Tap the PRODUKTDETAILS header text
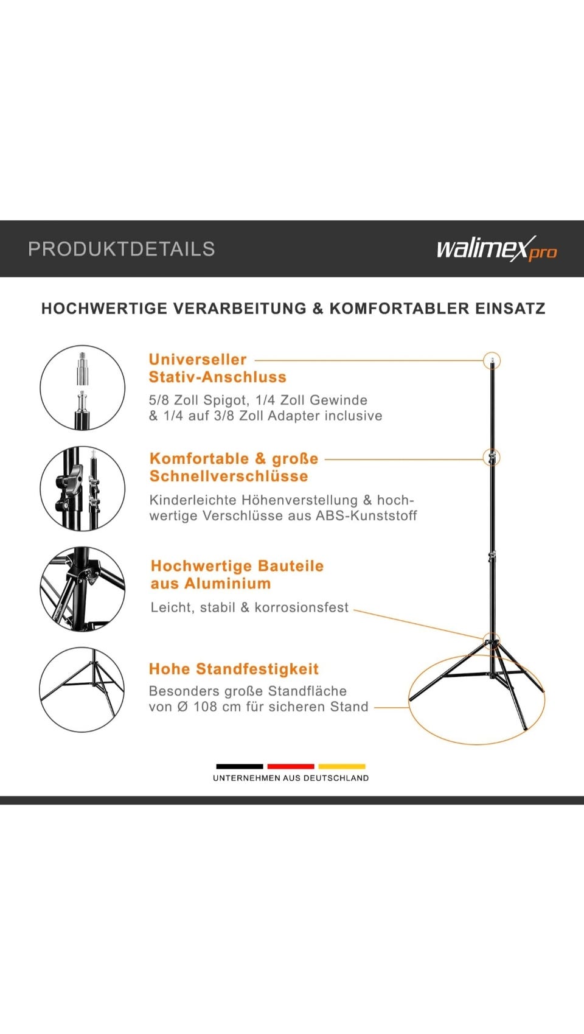point(121,249)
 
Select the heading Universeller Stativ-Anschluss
point(217,368)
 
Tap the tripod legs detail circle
point(82,648)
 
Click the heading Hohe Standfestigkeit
point(234,669)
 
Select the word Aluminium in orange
point(228,584)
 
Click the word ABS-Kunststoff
point(366,515)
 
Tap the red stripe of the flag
point(291,767)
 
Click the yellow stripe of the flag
point(342,767)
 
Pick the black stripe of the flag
point(240,767)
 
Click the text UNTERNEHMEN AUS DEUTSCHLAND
point(291,778)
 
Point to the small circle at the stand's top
point(492,352)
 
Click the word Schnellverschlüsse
point(229,476)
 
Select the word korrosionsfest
point(301,607)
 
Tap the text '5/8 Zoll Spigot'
point(199,400)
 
